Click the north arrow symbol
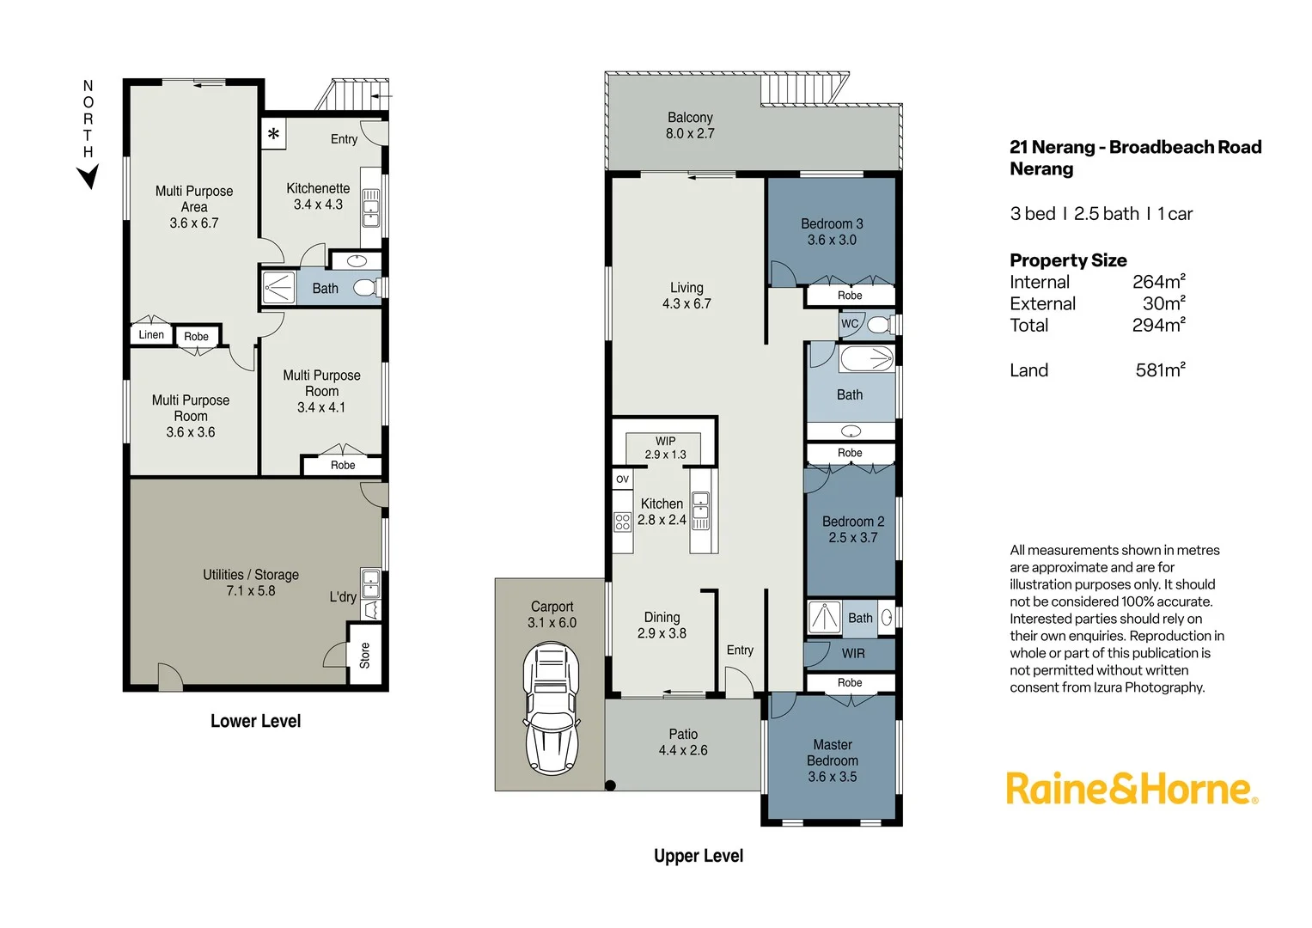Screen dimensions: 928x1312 pos(88,176)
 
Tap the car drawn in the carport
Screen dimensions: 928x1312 pos(552,708)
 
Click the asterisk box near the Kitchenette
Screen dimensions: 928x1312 pos(273,134)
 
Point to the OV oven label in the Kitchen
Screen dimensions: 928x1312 pos(622,479)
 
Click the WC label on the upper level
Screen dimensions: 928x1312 pos(849,324)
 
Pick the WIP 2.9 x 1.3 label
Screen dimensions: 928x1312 pos(665,448)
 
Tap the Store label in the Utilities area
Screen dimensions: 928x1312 pos(364,655)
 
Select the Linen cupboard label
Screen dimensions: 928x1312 pos(151,335)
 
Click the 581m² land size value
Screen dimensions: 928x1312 pos(1160,369)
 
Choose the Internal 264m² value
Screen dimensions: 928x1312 pos(1158,282)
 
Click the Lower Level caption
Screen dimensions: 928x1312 pos(255,721)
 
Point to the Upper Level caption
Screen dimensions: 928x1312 pos(698,856)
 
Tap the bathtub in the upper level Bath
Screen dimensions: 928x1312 pos(866,358)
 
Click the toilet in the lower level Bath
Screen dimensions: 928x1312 pos(366,287)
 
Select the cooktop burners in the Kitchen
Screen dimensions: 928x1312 pos(622,521)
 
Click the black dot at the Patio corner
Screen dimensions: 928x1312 pos(610,785)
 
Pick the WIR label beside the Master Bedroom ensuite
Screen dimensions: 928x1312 pos(852,653)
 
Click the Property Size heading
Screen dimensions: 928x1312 pos(1068,260)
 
